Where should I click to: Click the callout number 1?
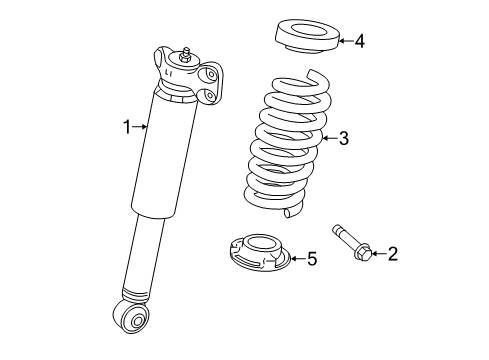coord(127,127)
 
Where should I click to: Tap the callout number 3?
coord(343,139)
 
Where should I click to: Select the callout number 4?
coord(359,41)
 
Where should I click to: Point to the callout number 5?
coord(311,260)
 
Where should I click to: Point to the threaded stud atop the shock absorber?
coord(185,52)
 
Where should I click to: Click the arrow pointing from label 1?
coord(142,127)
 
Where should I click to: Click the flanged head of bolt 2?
coord(360,253)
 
